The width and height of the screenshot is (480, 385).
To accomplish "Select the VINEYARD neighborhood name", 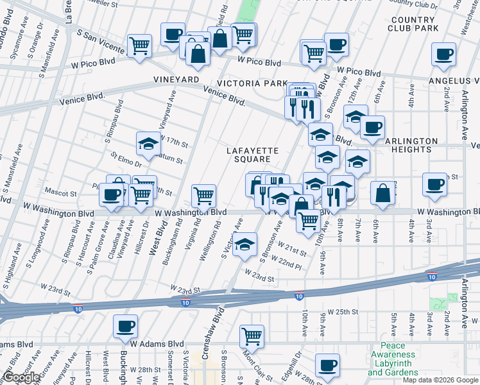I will [176, 79].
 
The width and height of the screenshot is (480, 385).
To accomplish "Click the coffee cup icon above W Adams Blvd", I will [125, 326].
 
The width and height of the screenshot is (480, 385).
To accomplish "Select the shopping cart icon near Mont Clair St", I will [252, 335].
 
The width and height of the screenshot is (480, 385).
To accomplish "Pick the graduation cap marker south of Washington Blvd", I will [244, 245].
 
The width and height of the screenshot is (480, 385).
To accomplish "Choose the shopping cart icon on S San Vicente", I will [139, 46].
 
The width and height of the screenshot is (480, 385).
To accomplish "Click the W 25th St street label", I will [341, 311].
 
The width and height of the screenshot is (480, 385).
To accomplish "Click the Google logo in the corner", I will [21, 377].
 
